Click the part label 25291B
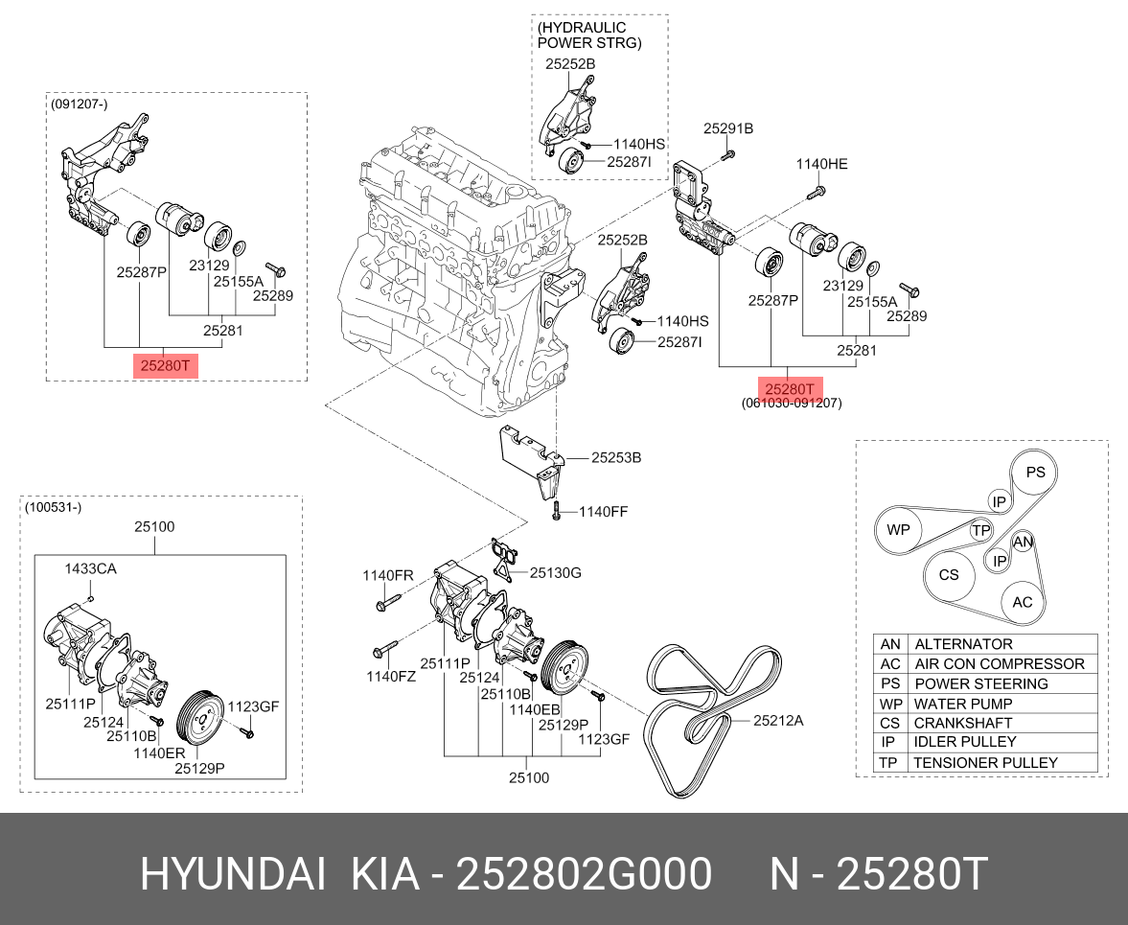point(728,128)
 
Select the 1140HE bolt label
point(821,165)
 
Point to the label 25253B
point(615,458)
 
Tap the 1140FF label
point(603,512)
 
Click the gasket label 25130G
point(556,573)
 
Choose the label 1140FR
point(387,575)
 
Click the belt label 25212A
point(777,720)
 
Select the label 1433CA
point(90,569)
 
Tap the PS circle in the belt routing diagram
point(1035,473)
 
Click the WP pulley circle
point(898,529)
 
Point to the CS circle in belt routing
point(948,575)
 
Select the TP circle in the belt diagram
point(980,530)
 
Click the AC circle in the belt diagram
point(1023,602)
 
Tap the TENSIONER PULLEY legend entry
point(985,763)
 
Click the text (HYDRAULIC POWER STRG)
point(589,35)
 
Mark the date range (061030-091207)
point(791,404)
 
